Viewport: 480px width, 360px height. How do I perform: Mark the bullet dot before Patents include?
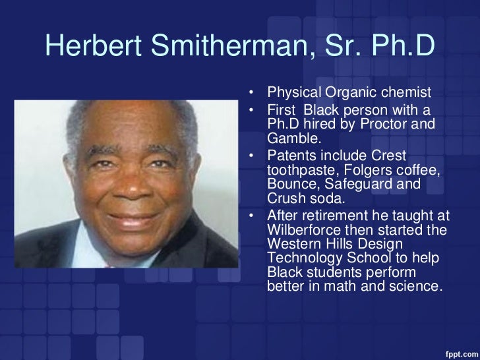pos(252,156)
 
